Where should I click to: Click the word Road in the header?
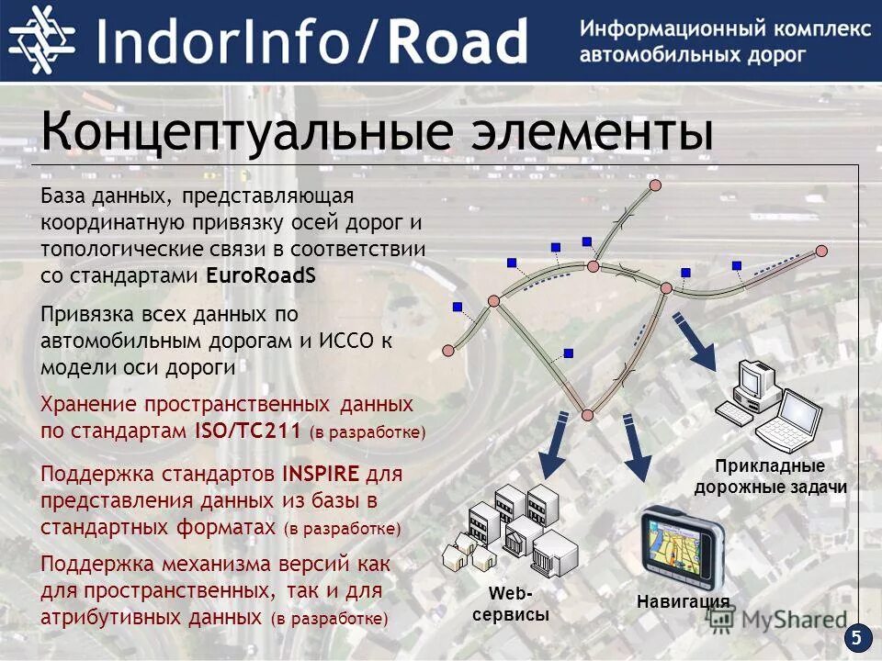pos(457,42)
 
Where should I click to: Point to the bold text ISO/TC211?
pos(248,430)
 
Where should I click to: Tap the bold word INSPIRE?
pos(322,475)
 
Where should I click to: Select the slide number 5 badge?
pos(857,637)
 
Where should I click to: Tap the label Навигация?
pos(682,601)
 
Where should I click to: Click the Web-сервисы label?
pos(511,605)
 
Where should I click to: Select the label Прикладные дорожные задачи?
pos(770,476)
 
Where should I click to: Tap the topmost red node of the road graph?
pos(655,185)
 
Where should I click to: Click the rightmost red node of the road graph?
pos(821,250)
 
